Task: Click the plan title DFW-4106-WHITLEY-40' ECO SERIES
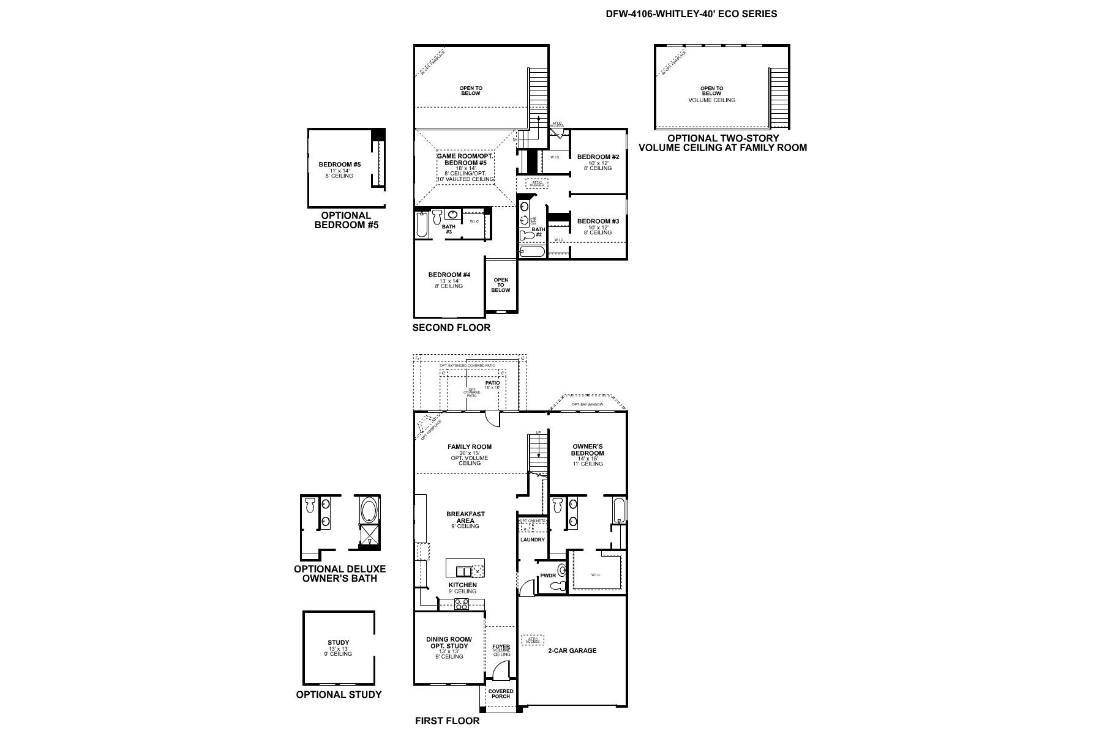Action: [691, 13]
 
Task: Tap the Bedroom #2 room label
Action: [598, 157]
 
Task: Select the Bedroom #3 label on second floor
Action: [598, 221]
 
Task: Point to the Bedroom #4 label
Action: [449, 275]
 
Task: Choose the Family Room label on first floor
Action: [469, 447]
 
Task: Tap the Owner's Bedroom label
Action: [587, 450]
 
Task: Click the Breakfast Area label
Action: [465, 517]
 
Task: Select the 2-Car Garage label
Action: [572, 651]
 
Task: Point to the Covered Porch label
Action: [500, 694]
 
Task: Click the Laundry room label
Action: [532, 539]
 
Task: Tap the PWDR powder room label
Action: [547, 576]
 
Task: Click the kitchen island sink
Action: [463, 571]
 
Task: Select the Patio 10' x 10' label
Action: [492, 384]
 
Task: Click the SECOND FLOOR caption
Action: [451, 328]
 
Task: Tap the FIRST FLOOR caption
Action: [447, 721]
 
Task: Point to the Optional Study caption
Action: [339, 694]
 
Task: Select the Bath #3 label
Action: [448, 229]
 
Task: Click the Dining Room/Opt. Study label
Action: [449, 642]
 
